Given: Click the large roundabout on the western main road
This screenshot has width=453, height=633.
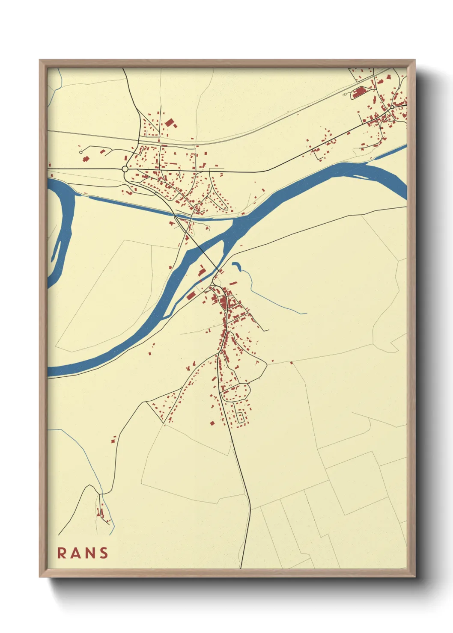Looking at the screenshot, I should [x=125, y=169].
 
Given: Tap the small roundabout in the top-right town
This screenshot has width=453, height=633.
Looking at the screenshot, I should [x=392, y=107].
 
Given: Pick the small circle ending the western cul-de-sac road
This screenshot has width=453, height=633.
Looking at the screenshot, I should [x=80, y=152].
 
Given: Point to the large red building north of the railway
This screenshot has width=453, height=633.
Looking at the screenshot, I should [x=170, y=123].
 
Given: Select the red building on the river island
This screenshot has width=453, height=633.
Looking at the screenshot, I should [x=201, y=270].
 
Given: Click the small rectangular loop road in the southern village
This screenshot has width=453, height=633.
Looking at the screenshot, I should [x=241, y=417].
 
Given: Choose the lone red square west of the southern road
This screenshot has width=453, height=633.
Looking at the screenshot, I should [x=212, y=423].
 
